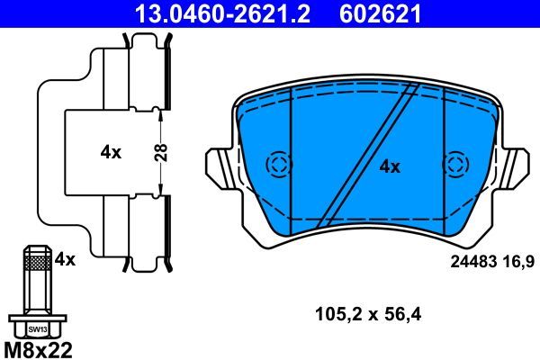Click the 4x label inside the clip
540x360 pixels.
(x=111, y=152)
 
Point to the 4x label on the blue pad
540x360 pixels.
(x=389, y=166)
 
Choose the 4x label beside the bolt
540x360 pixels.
(x=64, y=259)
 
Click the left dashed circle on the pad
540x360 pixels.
(x=278, y=165)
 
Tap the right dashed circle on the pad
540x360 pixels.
(x=457, y=165)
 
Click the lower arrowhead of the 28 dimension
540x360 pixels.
(x=160, y=191)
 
